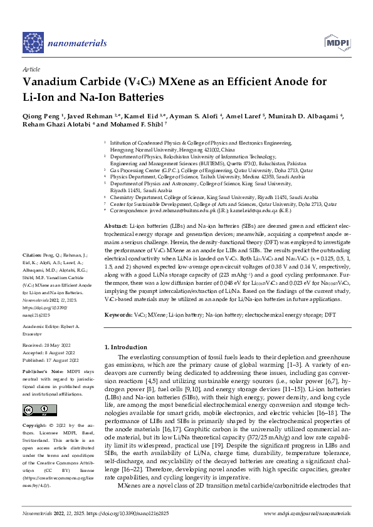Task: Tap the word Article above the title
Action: point(31,69)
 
